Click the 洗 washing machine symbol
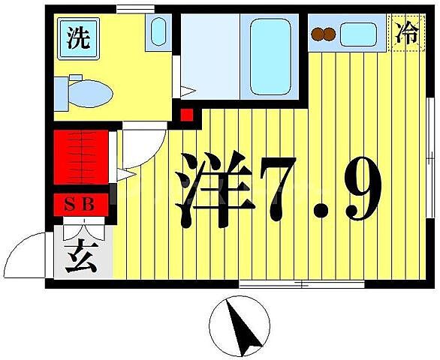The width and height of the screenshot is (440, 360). [x=77, y=37]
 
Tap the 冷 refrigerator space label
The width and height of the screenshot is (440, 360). [x=407, y=34]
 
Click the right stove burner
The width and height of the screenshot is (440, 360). [x=329, y=33]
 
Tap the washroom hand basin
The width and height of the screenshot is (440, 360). [x=158, y=31]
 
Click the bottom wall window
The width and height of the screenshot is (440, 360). [x=301, y=284]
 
